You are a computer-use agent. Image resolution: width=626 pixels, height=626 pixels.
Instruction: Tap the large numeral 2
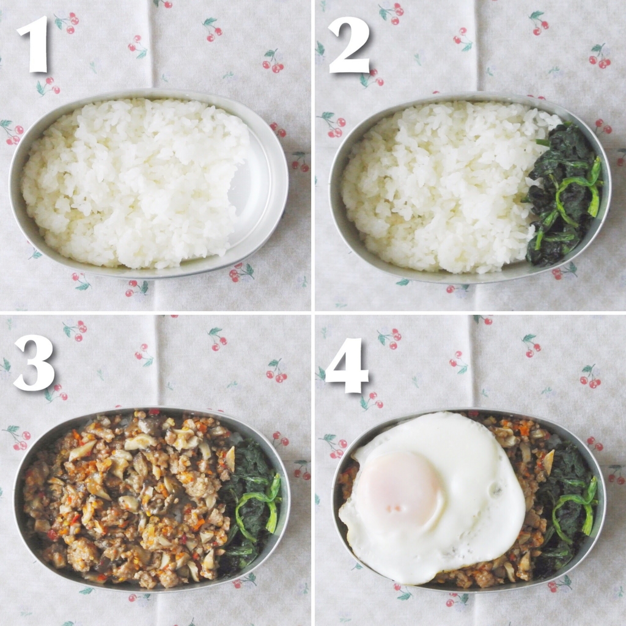coord(348,45)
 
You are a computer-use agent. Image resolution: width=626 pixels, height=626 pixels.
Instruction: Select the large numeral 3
coord(34,362)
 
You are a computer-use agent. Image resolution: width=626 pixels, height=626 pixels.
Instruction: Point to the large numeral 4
coord(347,366)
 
